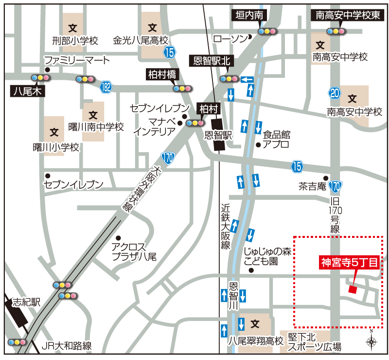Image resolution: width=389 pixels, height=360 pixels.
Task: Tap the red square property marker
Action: click(353, 290)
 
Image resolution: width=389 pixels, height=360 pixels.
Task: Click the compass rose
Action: click(371, 341)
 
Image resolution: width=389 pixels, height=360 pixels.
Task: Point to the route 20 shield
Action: click(334, 93)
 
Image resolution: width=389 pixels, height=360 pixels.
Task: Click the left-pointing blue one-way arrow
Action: click(247, 79)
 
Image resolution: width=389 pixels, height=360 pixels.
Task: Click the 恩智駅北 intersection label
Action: click(211, 61)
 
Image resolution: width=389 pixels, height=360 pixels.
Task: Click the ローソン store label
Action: click(230, 38)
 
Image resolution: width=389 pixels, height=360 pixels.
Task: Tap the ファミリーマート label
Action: click(77, 60)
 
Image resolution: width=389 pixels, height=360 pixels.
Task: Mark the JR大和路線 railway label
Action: click(67, 346)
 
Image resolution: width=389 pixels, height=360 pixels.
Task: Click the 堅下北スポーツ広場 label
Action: click(314, 342)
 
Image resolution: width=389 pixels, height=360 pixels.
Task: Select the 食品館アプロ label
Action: click(276, 139)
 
